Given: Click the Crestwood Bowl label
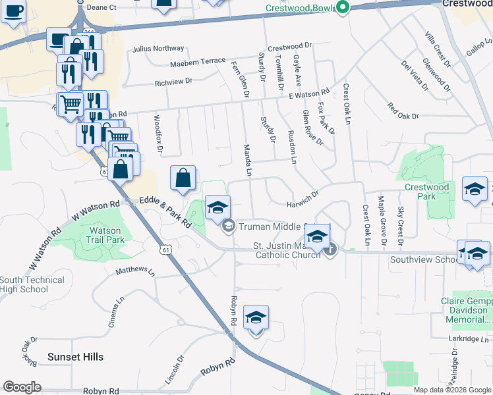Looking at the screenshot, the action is click(x=301, y=8).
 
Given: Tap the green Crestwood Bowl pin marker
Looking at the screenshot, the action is click(x=342, y=8).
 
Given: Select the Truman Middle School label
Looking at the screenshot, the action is click(x=270, y=226).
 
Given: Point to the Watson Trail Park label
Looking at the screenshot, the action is click(x=105, y=235).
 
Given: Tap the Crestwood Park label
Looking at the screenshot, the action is click(x=426, y=192).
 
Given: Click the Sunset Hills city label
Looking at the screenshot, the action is click(x=75, y=357).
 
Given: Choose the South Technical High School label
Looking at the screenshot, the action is click(x=32, y=284).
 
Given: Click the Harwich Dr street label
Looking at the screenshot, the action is click(x=303, y=199).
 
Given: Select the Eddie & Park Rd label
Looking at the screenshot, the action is click(x=165, y=213).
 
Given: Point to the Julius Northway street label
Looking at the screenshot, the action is click(x=158, y=49).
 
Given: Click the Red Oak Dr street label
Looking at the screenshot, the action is click(x=403, y=111).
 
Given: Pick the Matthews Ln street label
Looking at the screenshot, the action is click(x=135, y=271).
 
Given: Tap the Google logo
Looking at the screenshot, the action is click(x=22, y=387).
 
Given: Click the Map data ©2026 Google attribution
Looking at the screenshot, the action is click(x=451, y=390).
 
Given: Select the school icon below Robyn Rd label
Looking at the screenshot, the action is click(x=256, y=319).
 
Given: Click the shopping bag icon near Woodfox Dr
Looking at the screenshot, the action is click(x=183, y=178).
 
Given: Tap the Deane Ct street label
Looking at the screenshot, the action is click(x=101, y=7).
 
